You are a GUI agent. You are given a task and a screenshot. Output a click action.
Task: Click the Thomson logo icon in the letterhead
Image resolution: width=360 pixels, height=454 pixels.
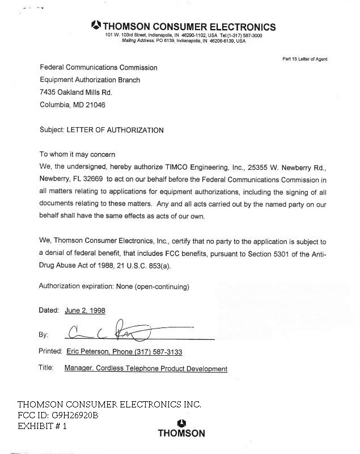pyautogui.click(x=96, y=26)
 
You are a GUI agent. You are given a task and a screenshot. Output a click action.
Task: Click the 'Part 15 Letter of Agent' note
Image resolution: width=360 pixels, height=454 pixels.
pyautogui.click(x=304, y=59)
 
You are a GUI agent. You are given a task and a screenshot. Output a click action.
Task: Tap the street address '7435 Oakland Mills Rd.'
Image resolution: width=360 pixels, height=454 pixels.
pyautogui.click(x=76, y=93)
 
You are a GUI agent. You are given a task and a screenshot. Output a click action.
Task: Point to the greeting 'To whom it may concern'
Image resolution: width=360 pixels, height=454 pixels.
pyautogui.click(x=77, y=154)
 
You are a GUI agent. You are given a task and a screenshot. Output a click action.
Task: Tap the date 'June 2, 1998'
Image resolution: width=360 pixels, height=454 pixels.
pyautogui.click(x=84, y=311)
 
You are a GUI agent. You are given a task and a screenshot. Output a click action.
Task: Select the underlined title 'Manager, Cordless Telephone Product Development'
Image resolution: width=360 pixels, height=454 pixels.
pyautogui.click(x=146, y=369)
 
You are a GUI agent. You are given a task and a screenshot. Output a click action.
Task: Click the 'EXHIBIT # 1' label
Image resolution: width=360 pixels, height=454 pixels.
pyautogui.click(x=43, y=426)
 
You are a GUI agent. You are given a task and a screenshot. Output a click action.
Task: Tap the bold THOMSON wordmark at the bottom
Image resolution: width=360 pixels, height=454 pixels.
pyautogui.click(x=181, y=434)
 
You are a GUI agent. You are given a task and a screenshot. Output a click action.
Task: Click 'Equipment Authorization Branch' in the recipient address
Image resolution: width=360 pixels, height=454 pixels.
pyautogui.click(x=90, y=80)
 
